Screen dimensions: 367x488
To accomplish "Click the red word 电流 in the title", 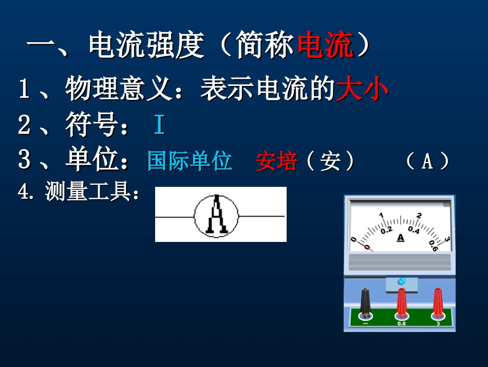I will coord(326,47).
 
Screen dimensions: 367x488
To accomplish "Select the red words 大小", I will coord(362,90).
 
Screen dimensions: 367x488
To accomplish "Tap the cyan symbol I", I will coord(159,126).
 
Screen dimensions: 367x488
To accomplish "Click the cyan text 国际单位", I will coord(190,161).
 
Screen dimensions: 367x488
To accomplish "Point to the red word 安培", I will coord(276,162).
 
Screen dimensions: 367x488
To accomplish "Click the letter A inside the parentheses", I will coord(427,162).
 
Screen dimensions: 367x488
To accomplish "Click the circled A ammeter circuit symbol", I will coord(216,215).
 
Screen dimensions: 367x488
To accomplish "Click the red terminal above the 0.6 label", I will coord(401,302).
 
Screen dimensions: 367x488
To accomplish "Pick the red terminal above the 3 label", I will coord(438,302).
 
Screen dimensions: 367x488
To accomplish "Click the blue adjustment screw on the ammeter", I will coord(401,281).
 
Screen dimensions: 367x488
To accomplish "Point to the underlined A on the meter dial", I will coord(401,237).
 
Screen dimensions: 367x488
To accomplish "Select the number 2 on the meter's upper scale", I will coord(419,216).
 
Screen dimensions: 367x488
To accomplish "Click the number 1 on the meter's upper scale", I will coord(381,215).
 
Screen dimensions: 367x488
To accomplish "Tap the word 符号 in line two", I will coord(89,126).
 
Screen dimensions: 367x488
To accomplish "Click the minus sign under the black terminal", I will coord(365,324).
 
